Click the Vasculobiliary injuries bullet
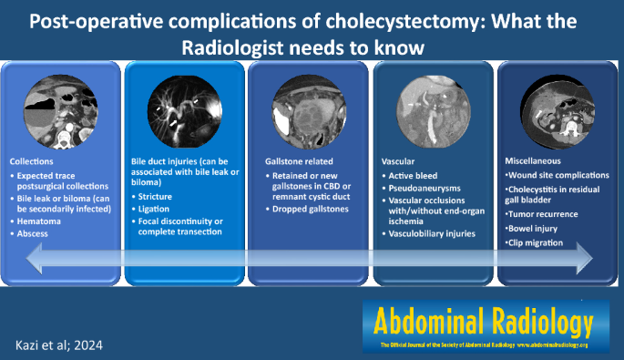(435, 234)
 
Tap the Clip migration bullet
(538, 243)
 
